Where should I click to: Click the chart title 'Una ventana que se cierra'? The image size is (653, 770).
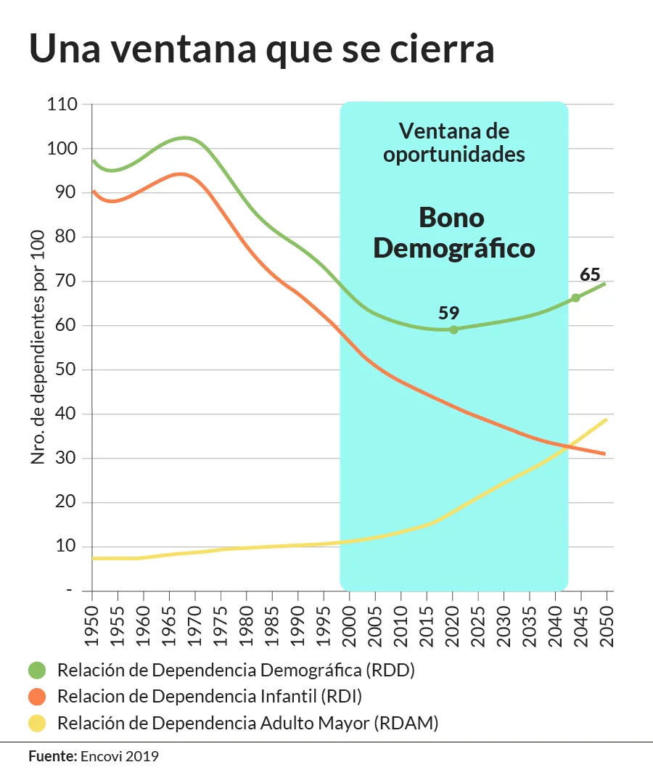[x=262, y=49]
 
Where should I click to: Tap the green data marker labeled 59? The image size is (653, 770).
[x=453, y=329]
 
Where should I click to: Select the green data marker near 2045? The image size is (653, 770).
[x=575, y=298]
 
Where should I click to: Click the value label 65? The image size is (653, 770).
[x=590, y=274]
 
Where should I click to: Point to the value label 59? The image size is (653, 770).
[x=448, y=313]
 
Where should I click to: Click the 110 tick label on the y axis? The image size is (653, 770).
[x=62, y=104]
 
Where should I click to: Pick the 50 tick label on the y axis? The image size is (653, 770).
[x=66, y=369]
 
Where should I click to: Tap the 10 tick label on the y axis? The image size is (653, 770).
[x=66, y=546]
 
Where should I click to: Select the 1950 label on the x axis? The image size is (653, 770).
[x=92, y=626]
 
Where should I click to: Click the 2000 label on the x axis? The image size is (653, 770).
[x=349, y=626]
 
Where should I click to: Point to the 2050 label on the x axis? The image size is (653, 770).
[x=607, y=626]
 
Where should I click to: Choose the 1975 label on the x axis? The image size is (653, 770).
[x=221, y=626]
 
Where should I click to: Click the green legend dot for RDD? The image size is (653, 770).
[x=37, y=670]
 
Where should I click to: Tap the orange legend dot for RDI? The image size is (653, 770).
[x=37, y=697]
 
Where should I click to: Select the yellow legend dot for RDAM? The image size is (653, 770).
[x=37, y=723]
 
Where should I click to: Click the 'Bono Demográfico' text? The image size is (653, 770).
[x=453, y=233]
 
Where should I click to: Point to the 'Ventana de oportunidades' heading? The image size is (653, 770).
[x=453, y=142]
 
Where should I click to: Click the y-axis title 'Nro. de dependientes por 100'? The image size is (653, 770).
[x=38, y=347]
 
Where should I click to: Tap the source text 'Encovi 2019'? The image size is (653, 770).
[x=119, y=756]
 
